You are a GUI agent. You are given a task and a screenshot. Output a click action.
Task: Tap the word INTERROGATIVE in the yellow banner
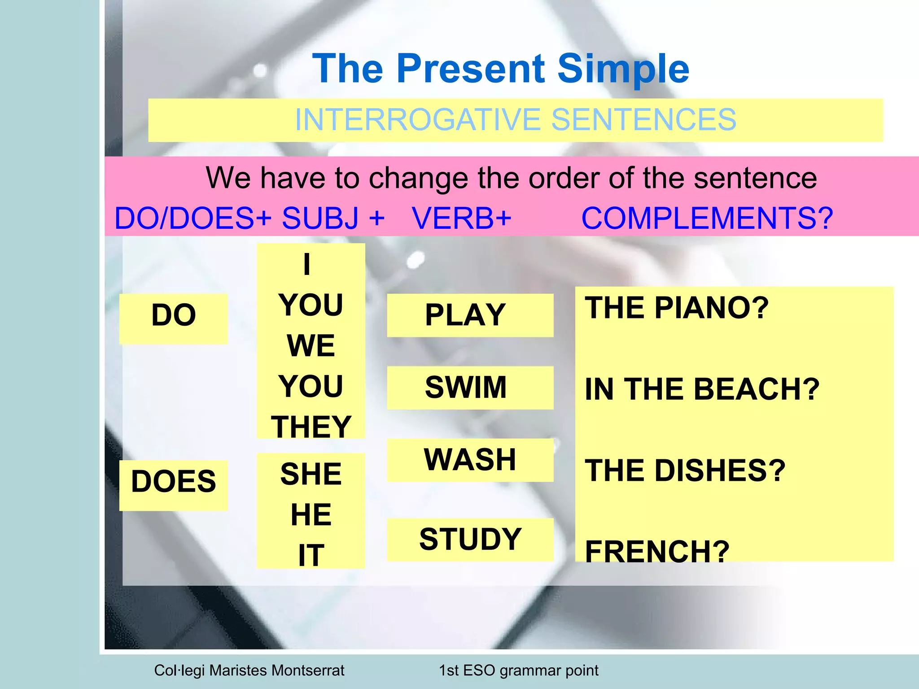coord(417,120)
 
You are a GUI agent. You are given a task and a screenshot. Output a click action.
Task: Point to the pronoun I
coord(307,265)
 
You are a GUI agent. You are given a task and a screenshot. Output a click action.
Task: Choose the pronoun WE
coord(311,346)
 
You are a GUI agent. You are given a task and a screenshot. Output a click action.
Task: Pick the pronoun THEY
coord(311,427)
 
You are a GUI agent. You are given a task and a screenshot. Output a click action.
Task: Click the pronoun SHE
coord(311,474)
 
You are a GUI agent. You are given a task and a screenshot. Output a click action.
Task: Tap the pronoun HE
coord(311,515)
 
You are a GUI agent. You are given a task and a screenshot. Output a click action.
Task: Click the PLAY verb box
coord(469,315)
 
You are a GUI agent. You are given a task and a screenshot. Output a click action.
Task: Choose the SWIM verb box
coord(469,388)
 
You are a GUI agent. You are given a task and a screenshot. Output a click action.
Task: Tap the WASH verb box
coord(469,460)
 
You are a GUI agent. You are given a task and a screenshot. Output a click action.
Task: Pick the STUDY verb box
coord(469,539)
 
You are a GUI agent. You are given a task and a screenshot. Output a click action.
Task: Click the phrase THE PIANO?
coord(677,308)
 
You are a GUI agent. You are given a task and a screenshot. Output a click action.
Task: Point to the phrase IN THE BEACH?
coord(702,389)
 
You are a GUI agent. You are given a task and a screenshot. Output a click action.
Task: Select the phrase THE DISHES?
coord(685,471)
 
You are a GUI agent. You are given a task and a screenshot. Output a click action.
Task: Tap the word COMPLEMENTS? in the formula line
coord(707,218)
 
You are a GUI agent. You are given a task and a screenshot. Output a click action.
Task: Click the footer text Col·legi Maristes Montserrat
coord(249,670)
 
